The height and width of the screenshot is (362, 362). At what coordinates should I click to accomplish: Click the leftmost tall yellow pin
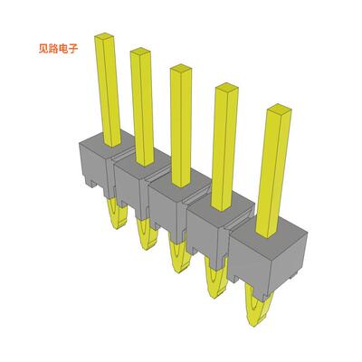110,86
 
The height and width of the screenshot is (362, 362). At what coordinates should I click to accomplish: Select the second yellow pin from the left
142,104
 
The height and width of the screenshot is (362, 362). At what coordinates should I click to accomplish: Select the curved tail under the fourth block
214,282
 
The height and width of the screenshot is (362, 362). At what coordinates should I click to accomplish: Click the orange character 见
34,52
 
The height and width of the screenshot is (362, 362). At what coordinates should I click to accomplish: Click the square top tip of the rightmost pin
279,112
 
